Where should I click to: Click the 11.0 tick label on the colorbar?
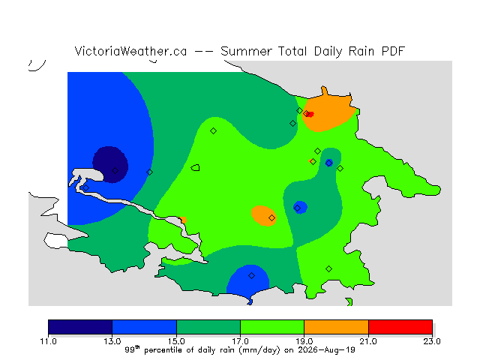tap(48, 341)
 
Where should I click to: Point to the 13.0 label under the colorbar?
tap(112, 341)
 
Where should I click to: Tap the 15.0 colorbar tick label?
tap(176, 341)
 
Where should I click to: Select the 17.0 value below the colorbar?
tap(240, 341)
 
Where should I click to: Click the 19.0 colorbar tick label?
tap(304, 341)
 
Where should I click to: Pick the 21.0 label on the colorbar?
tap(368, 341)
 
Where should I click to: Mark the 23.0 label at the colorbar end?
tap(432, 341)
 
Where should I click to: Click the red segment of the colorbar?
tap(400, 327)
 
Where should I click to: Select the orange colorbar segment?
tap(337, 327)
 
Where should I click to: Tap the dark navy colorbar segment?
tap(80, 327)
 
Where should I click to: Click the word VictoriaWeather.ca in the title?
tap(130, 51)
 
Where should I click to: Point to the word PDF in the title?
tap(393, 51)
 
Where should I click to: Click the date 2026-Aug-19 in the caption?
tap(327, 350)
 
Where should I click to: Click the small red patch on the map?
tap(310, 115)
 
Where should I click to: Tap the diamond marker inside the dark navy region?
tap(115, 170)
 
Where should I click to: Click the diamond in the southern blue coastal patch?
tap(251, 275)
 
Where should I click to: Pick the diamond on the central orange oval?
tap(271, 217)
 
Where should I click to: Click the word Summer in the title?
tap(246, 51)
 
